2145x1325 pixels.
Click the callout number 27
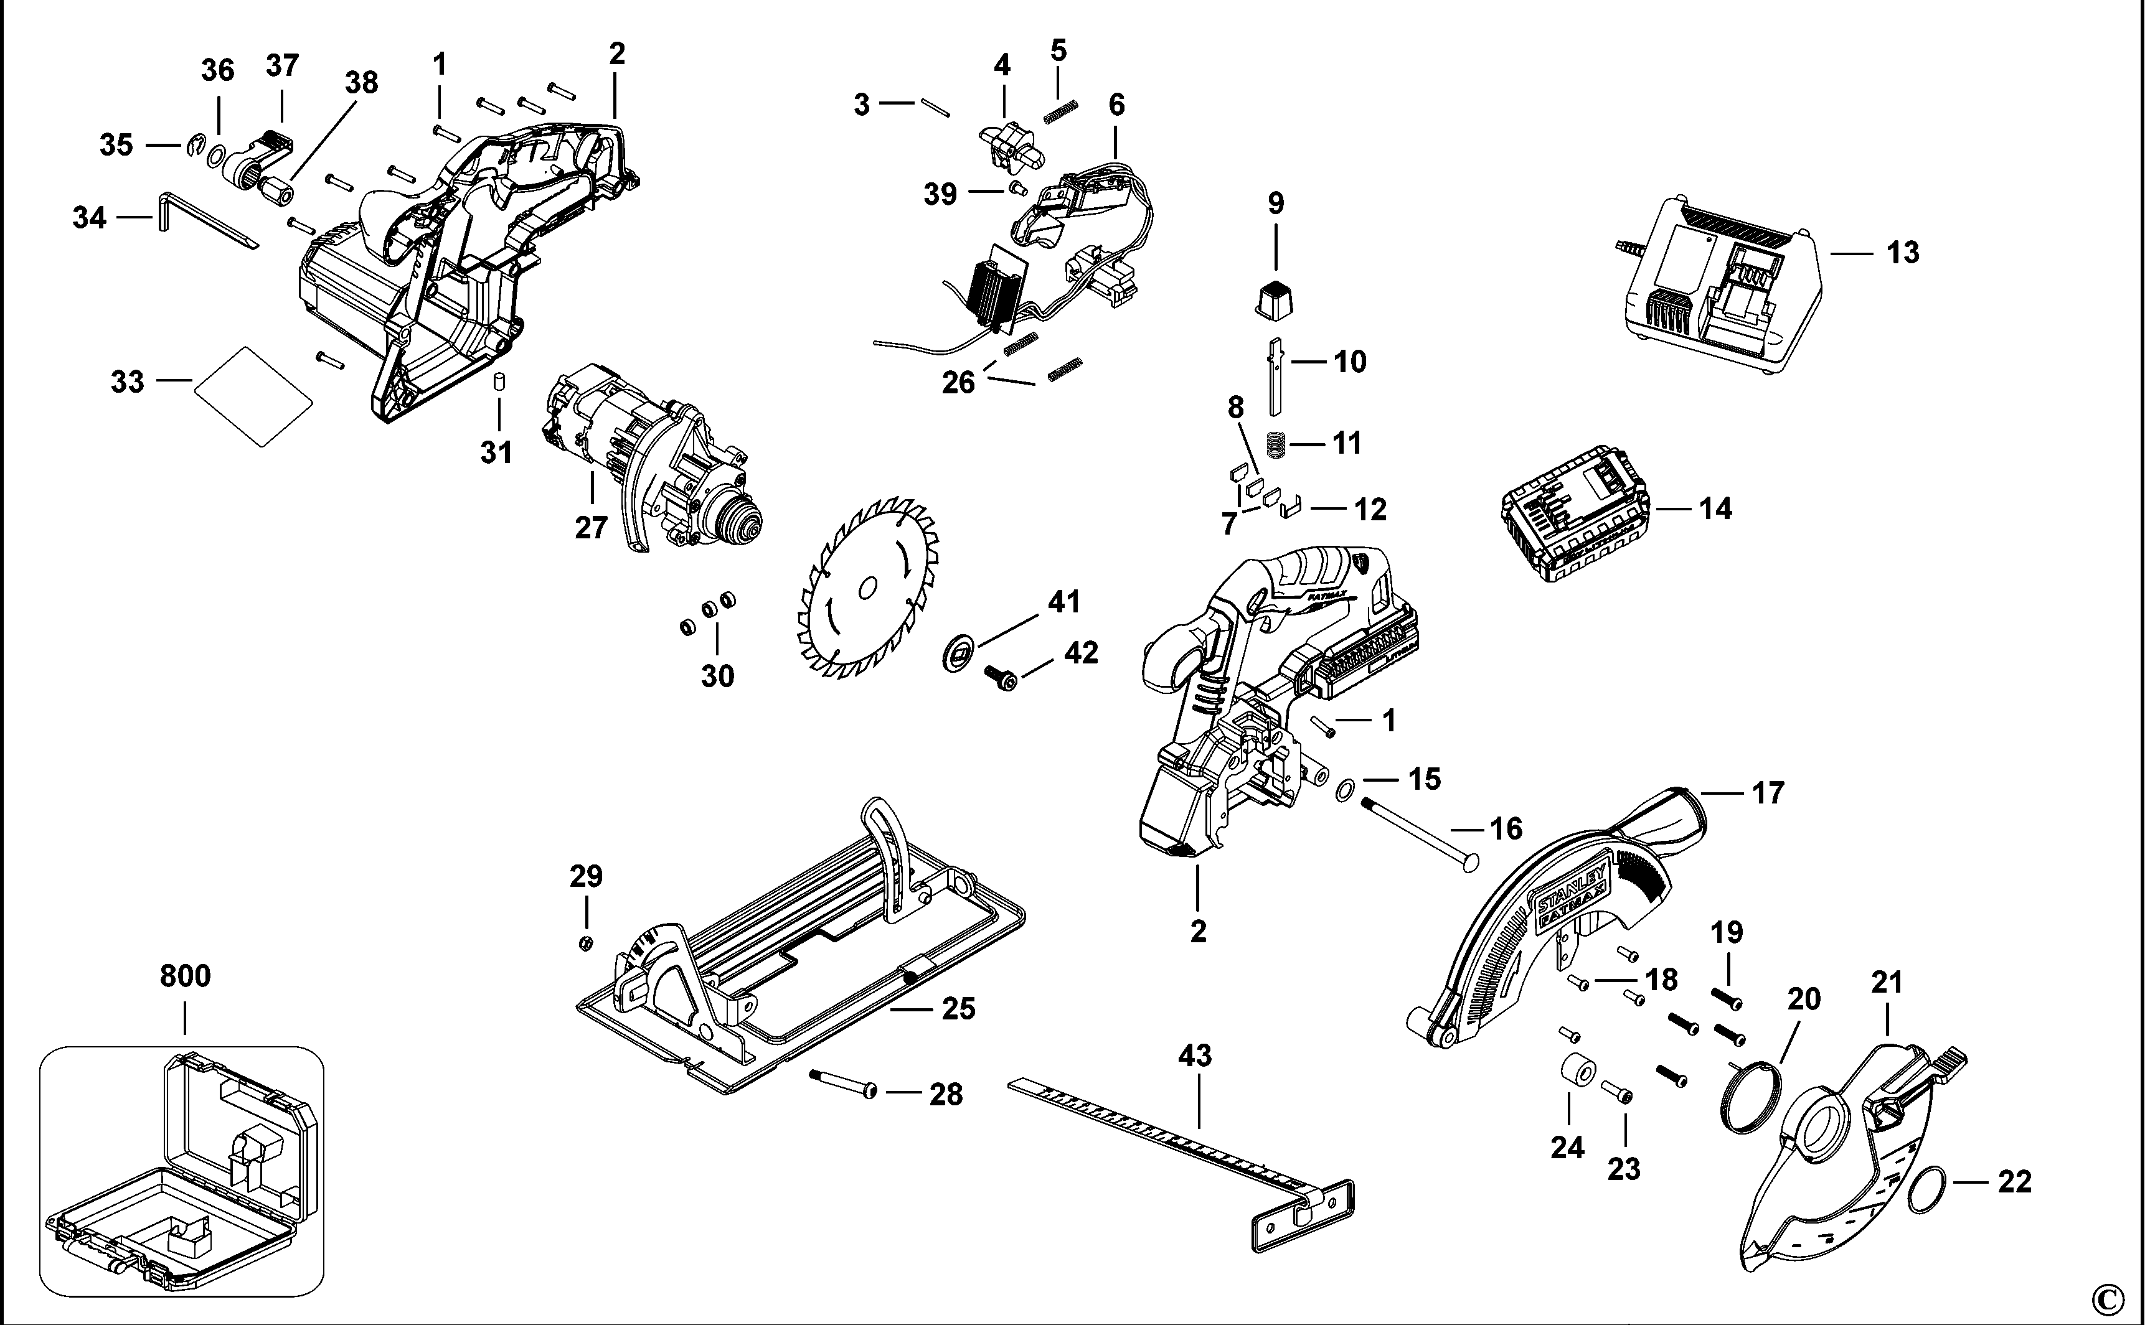click(591, 528)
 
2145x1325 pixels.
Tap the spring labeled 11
click(1275, 444)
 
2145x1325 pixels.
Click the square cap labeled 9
click(1274, 299)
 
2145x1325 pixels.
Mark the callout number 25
click(958, 1009)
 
